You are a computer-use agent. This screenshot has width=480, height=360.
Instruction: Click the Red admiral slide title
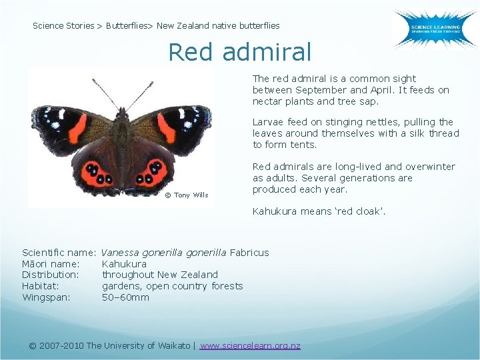[239, 51]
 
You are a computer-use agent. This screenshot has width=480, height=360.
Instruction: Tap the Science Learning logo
[434, 28]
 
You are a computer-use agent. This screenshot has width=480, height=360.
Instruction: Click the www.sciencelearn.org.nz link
[250, 345]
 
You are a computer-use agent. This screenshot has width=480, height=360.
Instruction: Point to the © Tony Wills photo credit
[187, 195]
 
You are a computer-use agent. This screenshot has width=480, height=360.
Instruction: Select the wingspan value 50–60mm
[125, 297]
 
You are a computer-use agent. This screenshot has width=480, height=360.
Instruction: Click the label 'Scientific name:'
[59, 252]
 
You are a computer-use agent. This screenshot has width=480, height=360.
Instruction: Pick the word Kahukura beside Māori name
[124, 263]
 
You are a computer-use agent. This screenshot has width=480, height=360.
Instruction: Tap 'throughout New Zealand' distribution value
[159, 275]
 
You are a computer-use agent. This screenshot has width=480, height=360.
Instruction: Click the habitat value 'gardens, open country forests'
[172, 286]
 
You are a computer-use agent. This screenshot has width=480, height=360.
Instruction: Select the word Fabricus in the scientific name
[249, 252]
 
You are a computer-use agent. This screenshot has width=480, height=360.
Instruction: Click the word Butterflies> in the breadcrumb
[129, 26]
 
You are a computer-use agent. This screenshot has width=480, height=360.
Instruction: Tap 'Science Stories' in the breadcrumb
[63, 26]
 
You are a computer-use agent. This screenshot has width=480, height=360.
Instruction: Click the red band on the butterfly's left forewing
[77, 128]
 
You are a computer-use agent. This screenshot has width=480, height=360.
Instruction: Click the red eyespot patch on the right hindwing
[153, 173]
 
